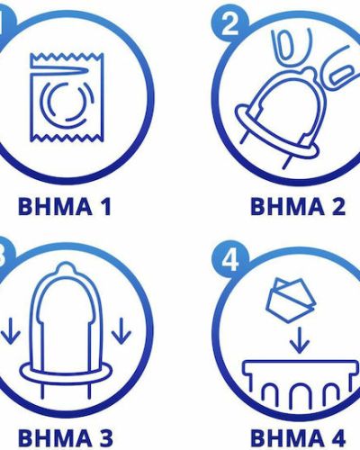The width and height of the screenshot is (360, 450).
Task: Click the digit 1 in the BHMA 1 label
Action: (x=105, y=208)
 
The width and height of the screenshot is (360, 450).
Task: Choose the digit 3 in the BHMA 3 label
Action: (x=105, y=437)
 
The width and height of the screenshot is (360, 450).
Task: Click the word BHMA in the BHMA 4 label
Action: (x=284, y=437)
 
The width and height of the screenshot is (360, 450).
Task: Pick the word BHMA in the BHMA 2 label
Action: (x=284, y=208)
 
